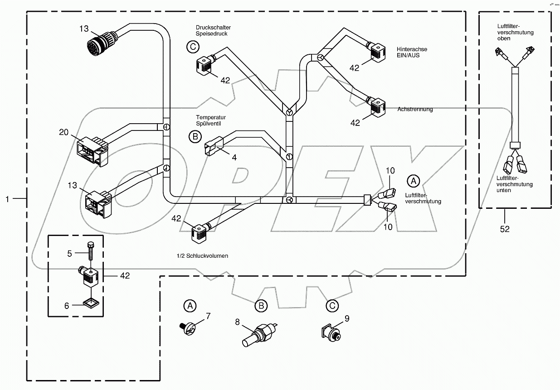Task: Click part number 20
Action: (x=63, y=132)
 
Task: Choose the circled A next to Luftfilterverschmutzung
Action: (x=413, y=181)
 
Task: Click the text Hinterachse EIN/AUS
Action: (x=412, y=52)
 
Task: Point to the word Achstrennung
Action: (x=415, y=110)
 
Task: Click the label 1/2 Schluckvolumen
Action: (x=202, y=256)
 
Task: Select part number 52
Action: (x=504, y=229)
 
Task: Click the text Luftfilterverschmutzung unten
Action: (x=514, y=184)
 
